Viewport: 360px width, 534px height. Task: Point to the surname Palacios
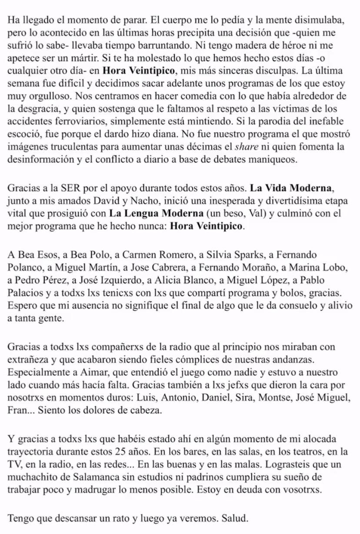23,293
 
